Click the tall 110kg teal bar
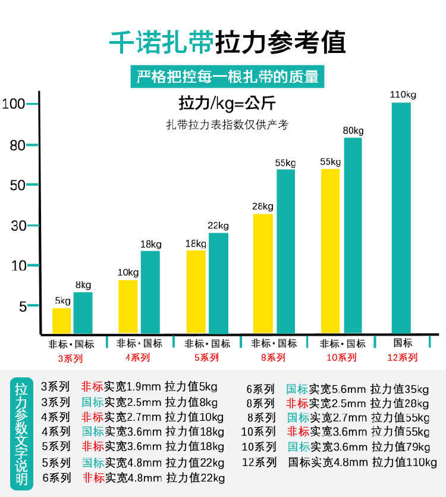(401, 218)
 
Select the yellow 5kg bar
(61, 320)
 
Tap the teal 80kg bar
(353, 235)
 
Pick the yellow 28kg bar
(263, 273)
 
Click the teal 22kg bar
(218, 283)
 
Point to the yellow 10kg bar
(128, 307)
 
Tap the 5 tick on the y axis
(23, 307)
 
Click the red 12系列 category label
(403, 357)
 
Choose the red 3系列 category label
(70, 358)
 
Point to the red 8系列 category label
(274, 358)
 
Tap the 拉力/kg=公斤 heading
(227, 104)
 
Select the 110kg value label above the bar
(403, 94)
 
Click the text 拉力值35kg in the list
(399, 389)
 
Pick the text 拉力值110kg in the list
(404, 462)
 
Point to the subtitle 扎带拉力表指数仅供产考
(227, 126)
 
